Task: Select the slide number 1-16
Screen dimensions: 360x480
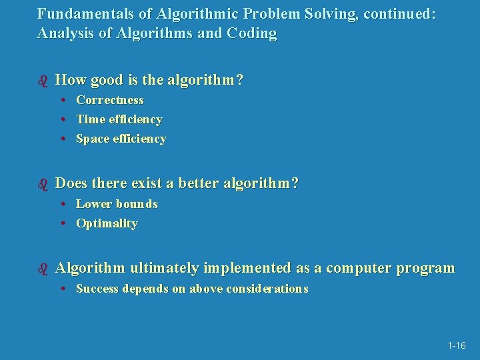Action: (x=457, y=345)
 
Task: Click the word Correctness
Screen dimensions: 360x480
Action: (x=110, y=100)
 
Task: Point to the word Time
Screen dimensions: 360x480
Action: (x=89, y=119)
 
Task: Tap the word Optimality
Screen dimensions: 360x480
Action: (x=107, y=223)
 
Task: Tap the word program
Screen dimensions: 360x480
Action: (x=425, y=269)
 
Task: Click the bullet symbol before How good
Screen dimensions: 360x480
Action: (x=43, y=81)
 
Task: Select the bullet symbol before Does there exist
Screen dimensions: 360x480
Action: (x=43, y=183)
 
